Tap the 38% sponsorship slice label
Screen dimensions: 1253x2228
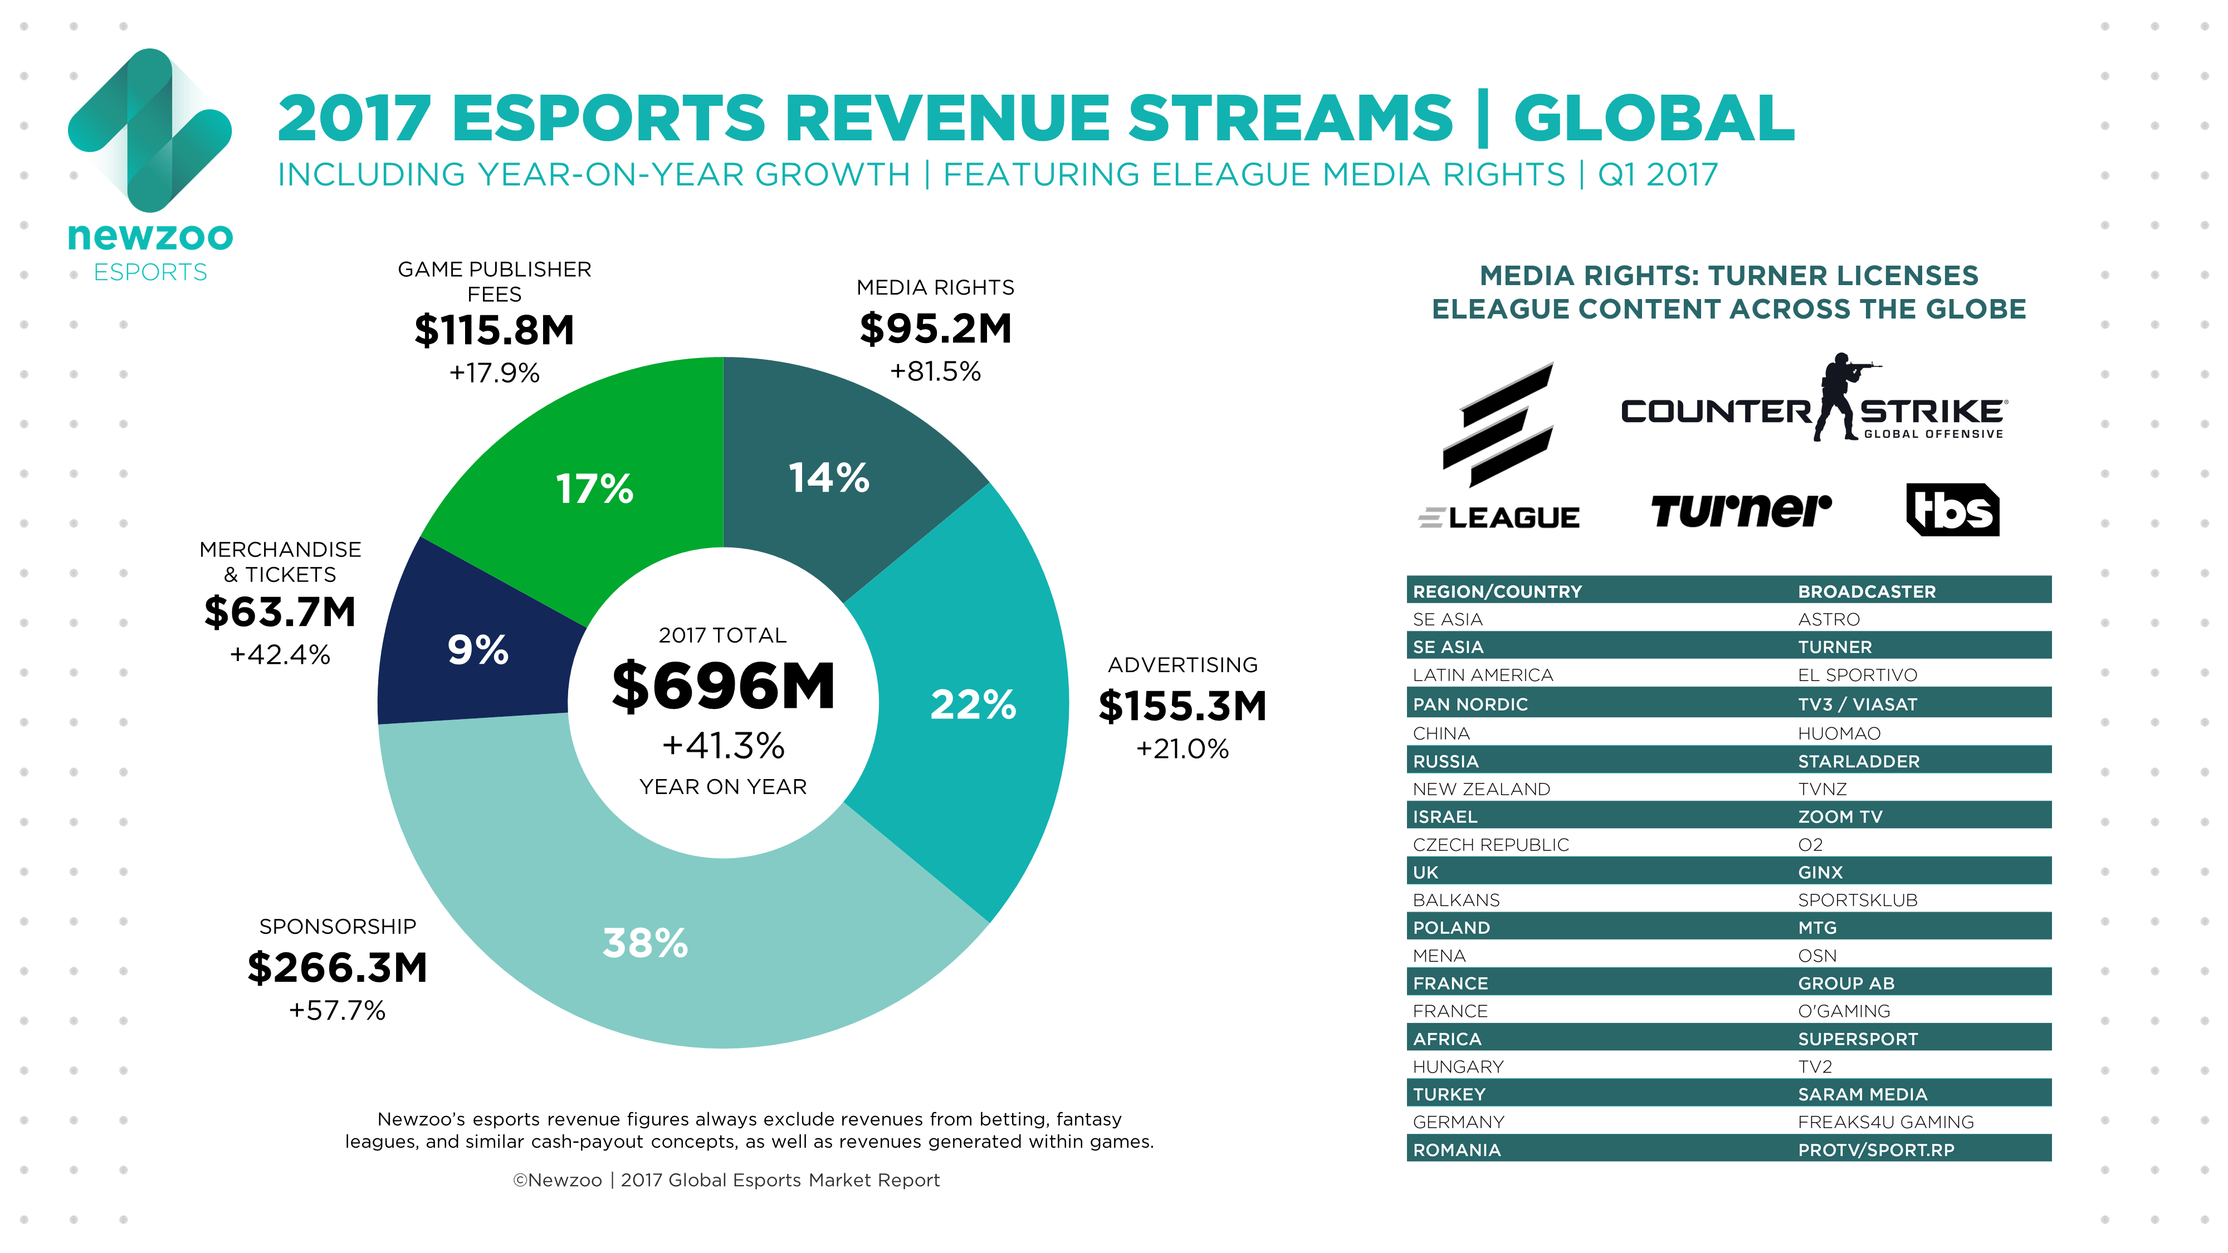coord(645,943)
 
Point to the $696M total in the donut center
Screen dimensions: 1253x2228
coord(723,687)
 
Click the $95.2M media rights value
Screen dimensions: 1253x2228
coord(935,329)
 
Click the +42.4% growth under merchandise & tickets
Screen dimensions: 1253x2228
coord(280,654)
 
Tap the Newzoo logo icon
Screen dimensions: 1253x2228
coord(150,130)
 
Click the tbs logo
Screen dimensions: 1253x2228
coord(1952,510)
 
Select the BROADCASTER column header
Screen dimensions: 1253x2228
coord(1867,591)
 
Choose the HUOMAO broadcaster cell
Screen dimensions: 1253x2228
coord(1839,733)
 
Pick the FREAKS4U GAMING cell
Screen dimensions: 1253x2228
coord(1885,1122)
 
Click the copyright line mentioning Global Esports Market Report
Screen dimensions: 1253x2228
coord(726,1181)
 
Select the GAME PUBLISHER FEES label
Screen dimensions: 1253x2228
coord(494,281)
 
